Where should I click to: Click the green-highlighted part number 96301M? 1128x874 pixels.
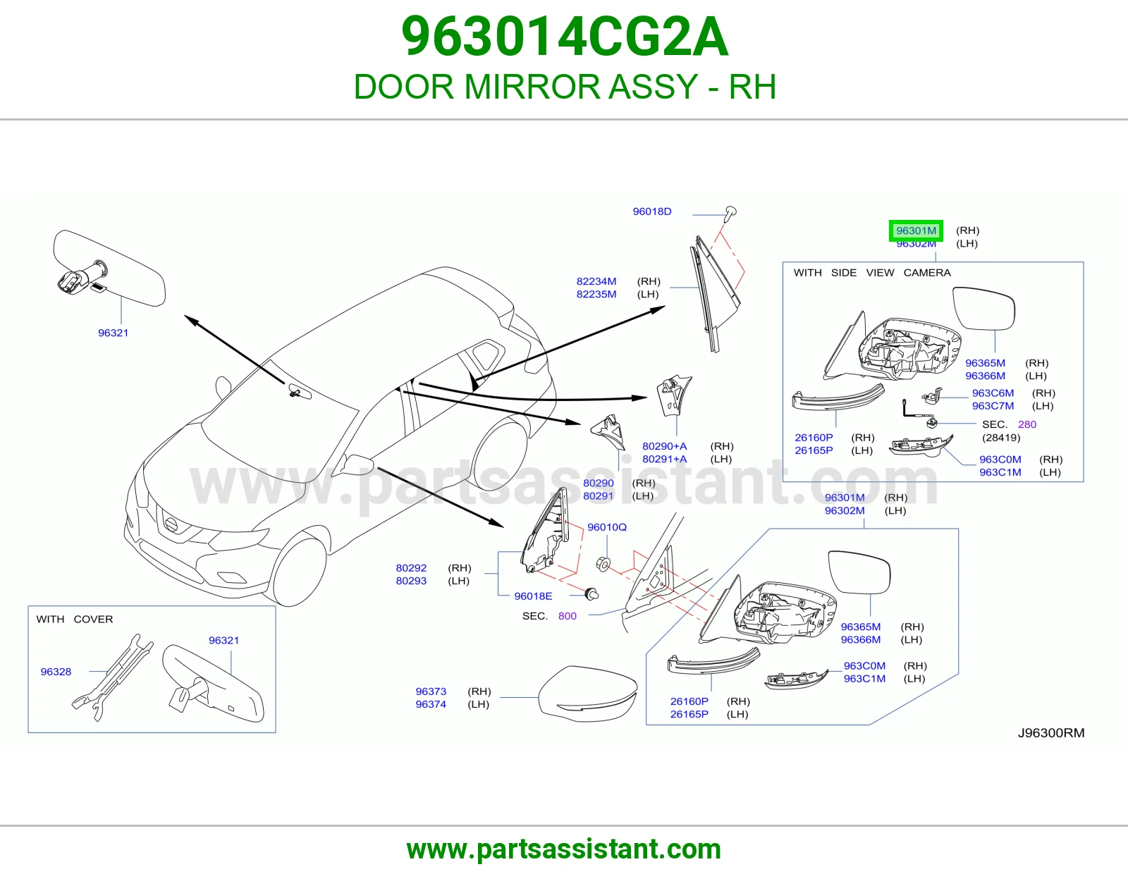point(916,230)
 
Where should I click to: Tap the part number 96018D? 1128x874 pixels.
point(652,211)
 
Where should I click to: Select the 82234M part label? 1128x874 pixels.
point(596,281)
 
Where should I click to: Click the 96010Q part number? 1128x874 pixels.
point(607,527)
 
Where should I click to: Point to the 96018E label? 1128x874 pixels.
point(533,596)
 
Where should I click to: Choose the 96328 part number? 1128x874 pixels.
point(56,672)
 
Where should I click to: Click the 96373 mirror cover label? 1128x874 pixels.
point(431,691)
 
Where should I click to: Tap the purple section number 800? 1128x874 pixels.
point(568,616)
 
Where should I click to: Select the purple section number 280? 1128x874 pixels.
point(1026,424)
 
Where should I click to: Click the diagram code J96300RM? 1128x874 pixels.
point(1050,733)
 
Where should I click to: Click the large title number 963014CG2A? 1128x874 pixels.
point(565,37)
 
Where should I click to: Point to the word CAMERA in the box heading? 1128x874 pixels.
point(927,273)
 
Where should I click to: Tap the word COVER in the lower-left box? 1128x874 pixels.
point(94,619)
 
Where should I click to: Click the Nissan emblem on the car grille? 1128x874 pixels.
point(170,525)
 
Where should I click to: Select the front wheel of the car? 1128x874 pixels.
point(298,571)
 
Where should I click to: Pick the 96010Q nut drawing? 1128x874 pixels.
point(603,564)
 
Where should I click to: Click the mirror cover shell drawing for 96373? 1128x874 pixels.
point(588,694)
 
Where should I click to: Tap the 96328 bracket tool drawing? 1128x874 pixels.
point(112,678)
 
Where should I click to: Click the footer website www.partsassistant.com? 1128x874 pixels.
point(564,849)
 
